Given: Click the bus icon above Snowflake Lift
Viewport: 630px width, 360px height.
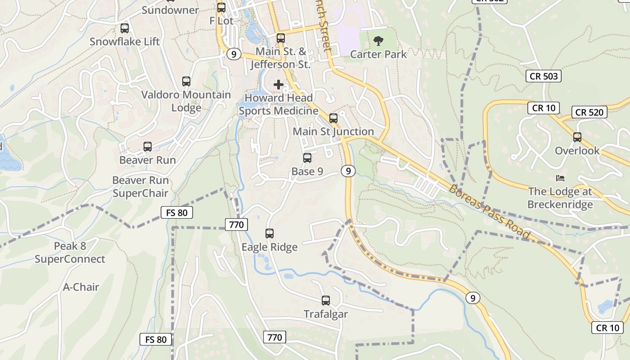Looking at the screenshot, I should (125, 28).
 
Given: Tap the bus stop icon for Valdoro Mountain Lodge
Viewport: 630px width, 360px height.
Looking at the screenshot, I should (186, 81).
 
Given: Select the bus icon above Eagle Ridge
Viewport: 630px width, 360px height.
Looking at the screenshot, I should (270, 234).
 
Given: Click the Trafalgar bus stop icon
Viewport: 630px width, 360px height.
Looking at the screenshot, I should (326, 301).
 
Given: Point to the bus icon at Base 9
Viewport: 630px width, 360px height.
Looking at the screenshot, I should (307, 158).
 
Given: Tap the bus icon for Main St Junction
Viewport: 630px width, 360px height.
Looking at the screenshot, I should (333, 118).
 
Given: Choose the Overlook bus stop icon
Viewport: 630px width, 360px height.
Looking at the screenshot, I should (577, 137).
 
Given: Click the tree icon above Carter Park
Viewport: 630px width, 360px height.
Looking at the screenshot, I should (378, 41).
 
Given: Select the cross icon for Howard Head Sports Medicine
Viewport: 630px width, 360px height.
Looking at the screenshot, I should (279, 84).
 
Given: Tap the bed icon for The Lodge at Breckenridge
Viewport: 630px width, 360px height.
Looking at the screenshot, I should (560, 178).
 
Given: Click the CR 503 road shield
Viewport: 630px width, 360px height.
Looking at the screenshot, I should (544, 76).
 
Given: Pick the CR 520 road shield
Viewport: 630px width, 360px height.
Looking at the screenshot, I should (589, 112).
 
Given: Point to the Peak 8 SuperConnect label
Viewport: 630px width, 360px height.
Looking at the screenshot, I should (70, 252).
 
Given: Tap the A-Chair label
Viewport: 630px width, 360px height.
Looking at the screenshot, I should (81, 287).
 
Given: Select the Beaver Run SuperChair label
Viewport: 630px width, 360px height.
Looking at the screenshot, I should (140, 187).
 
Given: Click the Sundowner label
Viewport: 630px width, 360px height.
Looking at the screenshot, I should (170, 10).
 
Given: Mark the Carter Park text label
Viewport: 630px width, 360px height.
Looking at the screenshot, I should (378, 54).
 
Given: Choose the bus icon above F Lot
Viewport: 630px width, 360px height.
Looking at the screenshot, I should (221, 8).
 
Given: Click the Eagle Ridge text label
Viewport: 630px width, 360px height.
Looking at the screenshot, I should (270, 247).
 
